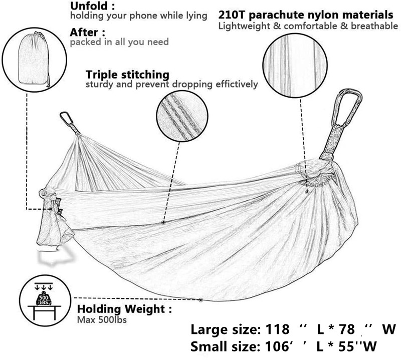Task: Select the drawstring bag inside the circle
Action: [34, 60]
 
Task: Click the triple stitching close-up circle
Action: [182, 117]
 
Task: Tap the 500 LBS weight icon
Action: [44, 299]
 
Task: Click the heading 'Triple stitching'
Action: [127, 75]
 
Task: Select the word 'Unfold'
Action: [89, 6]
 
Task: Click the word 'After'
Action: [84, 33]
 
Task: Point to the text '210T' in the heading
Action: [232, 15]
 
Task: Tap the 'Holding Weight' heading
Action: [121, 309]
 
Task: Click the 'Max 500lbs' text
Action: [102, 319]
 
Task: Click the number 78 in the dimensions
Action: [346, 329]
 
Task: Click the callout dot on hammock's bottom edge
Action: [201, 300]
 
